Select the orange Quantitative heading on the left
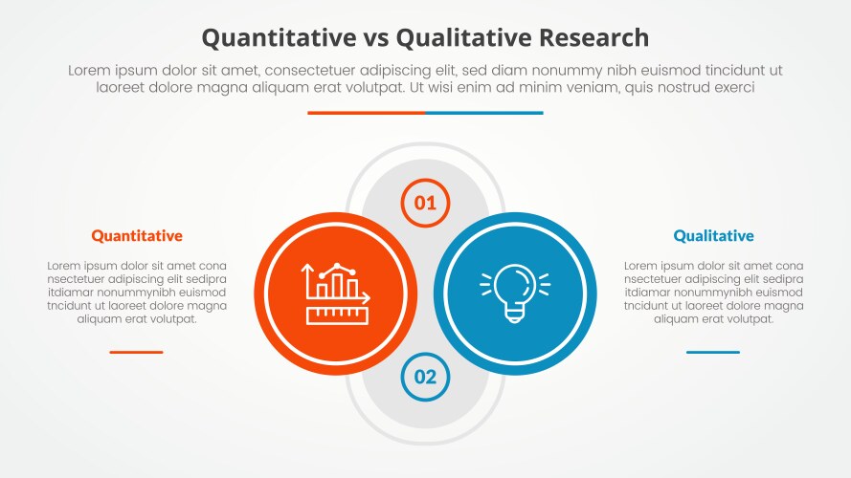pos(137,235)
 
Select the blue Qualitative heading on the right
pos(713,235)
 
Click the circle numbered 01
pos(425,203)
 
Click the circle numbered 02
pos(425,377)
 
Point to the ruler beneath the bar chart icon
pos(338,314)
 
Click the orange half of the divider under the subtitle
pos(366,113)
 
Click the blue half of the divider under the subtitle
pos(484,113)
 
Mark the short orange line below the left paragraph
pos(136,352)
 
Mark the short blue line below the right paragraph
pos(713,352)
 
